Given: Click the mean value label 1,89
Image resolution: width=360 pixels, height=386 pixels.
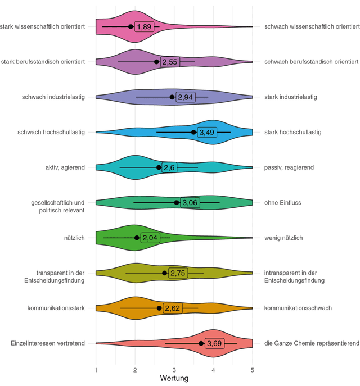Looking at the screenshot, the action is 144,26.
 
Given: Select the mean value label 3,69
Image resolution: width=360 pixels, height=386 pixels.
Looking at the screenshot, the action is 214,343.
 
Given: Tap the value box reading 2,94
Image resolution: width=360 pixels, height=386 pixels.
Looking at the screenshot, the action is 185,97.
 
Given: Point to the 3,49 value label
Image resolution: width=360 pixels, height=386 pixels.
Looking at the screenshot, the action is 207,132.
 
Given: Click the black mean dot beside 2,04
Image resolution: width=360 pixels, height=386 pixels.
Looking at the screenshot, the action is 137,238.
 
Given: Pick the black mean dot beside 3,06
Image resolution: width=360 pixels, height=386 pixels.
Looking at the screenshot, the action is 177,203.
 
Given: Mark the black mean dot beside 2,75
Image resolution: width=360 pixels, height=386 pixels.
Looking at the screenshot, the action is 164,273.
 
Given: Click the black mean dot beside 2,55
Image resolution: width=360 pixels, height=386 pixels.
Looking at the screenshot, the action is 156,62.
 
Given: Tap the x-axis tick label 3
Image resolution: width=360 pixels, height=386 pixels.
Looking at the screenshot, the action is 174,370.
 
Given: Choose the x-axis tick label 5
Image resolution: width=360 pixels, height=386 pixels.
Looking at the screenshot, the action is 253,370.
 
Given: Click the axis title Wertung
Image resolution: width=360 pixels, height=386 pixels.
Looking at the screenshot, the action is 174,378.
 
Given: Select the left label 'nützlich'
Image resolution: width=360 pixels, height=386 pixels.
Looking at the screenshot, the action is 74,238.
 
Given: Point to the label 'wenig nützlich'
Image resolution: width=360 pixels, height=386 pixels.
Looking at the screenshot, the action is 283,238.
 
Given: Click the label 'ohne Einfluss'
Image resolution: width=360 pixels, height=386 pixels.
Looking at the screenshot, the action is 282,203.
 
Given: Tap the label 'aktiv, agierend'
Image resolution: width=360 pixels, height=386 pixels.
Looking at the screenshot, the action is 65,167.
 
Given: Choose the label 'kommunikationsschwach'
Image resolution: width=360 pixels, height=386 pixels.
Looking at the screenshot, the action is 298,308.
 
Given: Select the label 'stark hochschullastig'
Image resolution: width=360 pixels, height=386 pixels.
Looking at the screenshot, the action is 292,132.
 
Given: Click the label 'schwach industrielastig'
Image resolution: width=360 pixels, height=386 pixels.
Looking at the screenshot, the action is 53,97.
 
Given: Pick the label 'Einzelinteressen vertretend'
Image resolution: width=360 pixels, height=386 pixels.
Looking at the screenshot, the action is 48,343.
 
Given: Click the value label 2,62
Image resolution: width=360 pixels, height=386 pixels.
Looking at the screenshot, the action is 173,308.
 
